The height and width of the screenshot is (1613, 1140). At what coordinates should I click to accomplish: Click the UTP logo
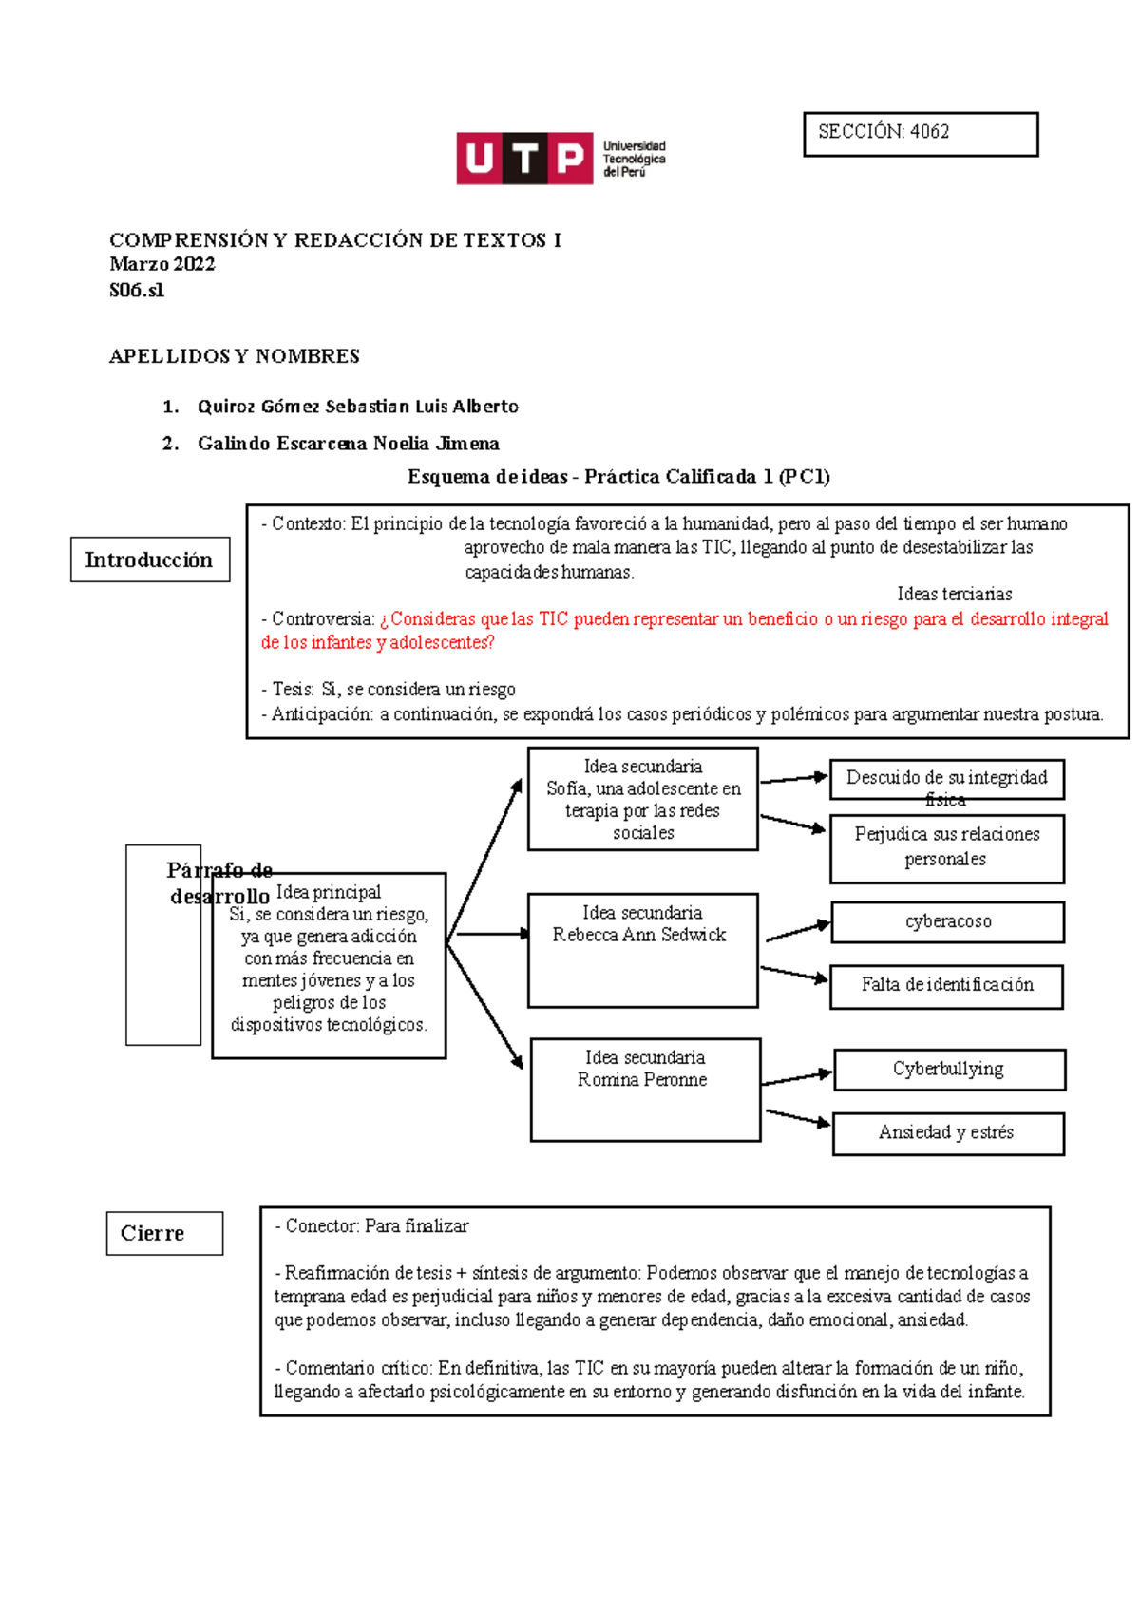(x=560, y=158)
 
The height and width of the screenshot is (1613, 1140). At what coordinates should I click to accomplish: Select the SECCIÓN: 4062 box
(x=920, y=134)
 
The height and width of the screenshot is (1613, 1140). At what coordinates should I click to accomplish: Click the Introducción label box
(x=150, y=560)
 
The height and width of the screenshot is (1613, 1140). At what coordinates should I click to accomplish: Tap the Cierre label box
(x=164, y=1233)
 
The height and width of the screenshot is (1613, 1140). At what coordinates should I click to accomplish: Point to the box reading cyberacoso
(x=947, y=921)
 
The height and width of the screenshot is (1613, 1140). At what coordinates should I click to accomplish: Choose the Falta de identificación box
(x=946, y=986)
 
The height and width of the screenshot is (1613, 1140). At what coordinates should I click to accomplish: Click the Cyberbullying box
(x=949, y=1070)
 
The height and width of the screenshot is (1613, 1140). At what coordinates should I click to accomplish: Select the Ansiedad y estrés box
(x=947, y=1133)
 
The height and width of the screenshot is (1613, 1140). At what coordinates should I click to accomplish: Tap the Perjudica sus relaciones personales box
(x=946, y=847)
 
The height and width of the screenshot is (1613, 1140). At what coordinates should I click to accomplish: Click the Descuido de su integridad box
(x=946, y=779)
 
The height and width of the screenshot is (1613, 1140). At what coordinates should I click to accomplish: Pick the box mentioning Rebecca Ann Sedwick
(x=642, y=949)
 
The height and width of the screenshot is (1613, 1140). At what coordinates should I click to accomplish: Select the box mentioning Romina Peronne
(x=645, y=1089)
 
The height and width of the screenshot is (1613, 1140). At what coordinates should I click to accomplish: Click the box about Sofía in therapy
(x=642, y=799)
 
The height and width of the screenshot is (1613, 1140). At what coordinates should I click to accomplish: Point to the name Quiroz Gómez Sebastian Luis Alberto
(x=358, y=407)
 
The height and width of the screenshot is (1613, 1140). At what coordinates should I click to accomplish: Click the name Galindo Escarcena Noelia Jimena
(x=349, y=444)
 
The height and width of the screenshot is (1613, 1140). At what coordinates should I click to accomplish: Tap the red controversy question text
(x=684, y=630)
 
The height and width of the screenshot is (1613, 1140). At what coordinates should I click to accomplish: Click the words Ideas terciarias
(x=954, y=595)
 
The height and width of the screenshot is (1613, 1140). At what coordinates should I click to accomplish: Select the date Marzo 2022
(x=162, y=264)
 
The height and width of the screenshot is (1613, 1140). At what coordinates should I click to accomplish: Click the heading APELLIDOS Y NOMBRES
(x=235, y=356)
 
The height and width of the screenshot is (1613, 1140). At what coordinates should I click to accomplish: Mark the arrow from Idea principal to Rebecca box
(x=488, y=935)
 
